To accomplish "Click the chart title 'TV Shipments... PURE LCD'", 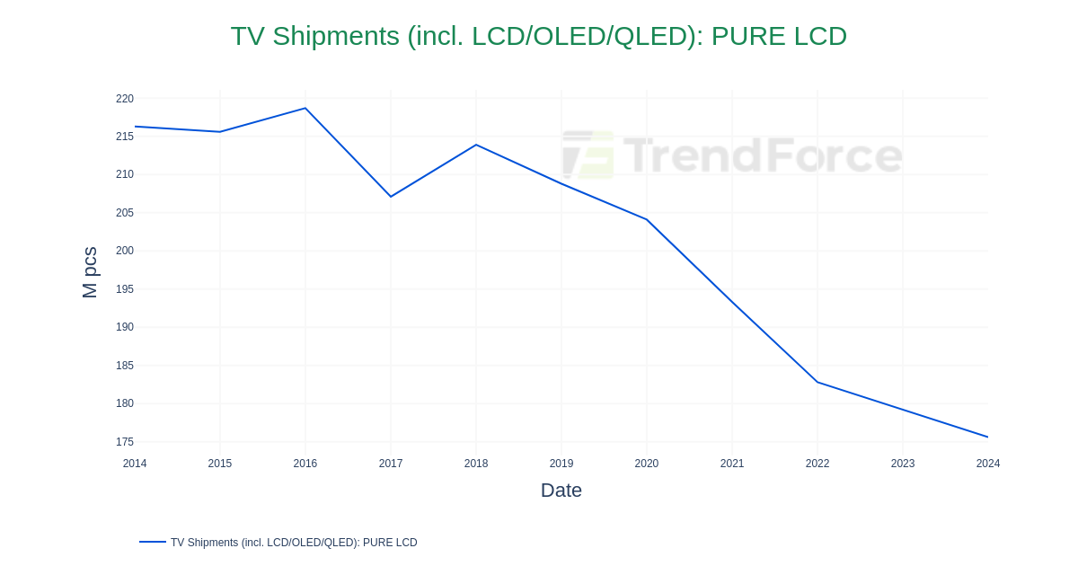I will [x=538, y=36].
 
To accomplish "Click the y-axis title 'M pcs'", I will [x=90, y=272].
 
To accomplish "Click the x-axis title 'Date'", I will [x=561, y=491].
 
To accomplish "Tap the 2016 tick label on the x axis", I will [x=305, y=464].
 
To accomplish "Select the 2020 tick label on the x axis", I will [x=647, y=464].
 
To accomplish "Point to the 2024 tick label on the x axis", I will [x=987, y=464].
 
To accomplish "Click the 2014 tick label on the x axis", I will [x=135, y=464].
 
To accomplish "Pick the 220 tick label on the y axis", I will [x=125, y=99].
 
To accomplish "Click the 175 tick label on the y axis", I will [x=125, y=442].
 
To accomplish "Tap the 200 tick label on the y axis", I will [x=125, y=251].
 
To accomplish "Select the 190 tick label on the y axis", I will [x=125, y=327].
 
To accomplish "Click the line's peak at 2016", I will [x=305, y=109].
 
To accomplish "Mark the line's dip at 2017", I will [x=391, y=197].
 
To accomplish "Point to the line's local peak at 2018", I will [x=476, y=145].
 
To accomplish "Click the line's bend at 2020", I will [x=647, y=219].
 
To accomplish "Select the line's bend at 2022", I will [x=817, y=382].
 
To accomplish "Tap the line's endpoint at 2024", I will [x=987, y=438].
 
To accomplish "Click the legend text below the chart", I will [x=294, y=543].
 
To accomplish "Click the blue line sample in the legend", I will [x=153, y=542].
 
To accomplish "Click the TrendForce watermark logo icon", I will [x=588, y=155].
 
